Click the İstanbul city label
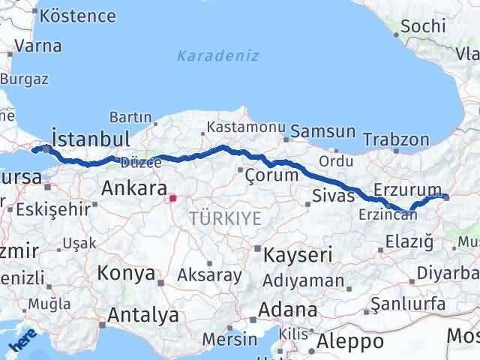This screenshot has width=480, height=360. (91, 139)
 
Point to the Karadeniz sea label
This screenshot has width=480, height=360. (218, 55)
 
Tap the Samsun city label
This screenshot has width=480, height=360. (323, 132)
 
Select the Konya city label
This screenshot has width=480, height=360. (126, 273)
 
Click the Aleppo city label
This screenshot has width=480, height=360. (350, 342)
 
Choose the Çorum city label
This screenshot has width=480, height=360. (273, 175)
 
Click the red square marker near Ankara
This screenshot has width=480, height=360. (173, 199)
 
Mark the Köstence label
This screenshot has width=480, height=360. (78, 16)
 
